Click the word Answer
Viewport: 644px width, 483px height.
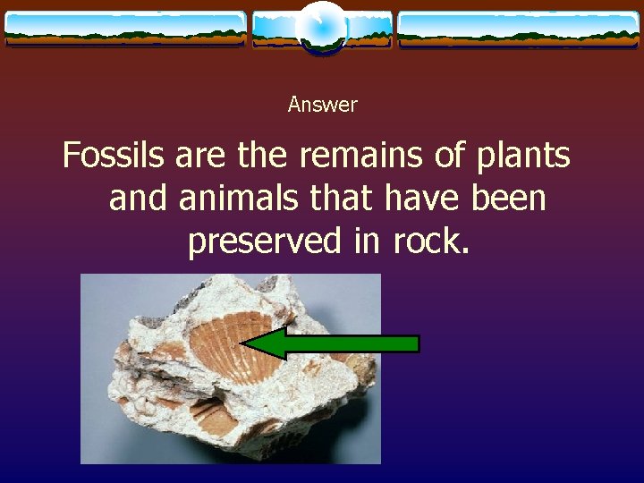[322, 105]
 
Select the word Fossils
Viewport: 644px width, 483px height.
[114, 156]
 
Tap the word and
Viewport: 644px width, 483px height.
[138, 198]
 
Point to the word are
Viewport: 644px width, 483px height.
[201, 156]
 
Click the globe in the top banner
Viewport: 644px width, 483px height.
[322, 27]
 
